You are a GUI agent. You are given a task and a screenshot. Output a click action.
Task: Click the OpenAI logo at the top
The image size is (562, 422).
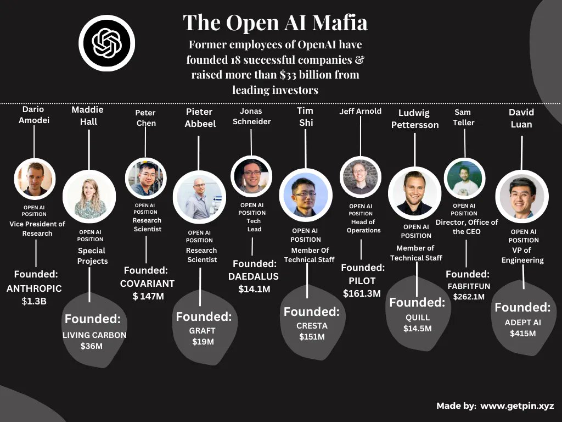(x=106, y=43)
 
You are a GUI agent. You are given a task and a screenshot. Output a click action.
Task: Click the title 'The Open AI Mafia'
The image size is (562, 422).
(x=275, y=23)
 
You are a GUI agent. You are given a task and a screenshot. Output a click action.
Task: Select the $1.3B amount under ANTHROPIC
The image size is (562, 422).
(x=34, y=301)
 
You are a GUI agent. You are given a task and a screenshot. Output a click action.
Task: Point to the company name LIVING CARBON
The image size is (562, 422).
(x=94, y=335)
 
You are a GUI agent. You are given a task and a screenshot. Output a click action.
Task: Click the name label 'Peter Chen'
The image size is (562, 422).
(x=145, y=118)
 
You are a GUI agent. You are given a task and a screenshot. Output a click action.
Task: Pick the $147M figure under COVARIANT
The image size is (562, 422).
(x=148, y=297)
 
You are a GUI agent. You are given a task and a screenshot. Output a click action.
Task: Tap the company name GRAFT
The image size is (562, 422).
(x=202, y=331)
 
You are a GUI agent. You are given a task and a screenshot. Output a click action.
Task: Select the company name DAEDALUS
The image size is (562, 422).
(x=254, y=276)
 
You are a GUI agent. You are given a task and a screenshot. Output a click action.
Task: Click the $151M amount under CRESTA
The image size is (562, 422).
(x=311, y=337)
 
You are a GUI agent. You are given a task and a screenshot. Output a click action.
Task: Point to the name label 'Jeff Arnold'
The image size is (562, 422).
(x=360, y=111)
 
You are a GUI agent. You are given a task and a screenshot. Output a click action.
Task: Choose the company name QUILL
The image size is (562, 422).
(x=418, y=317)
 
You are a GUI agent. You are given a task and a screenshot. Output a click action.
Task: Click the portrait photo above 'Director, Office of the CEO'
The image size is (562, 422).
(x=464, y=179)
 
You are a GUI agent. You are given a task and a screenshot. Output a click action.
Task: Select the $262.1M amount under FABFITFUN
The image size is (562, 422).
(x=469, y=297)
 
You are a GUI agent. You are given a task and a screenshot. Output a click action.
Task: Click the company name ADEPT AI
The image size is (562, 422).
(x=522, y=322)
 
